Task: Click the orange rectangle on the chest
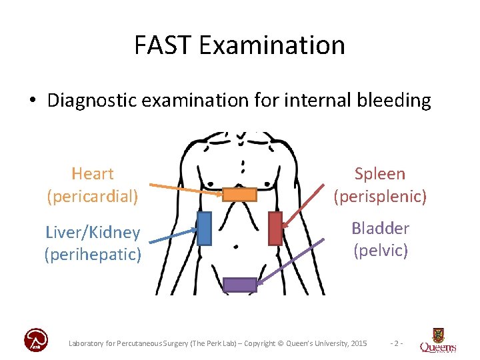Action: tap(239, 195)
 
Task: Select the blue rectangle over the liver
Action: tap(204, 229)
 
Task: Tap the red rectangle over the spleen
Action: tap(275, 228)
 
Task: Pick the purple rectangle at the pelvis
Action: tap(239, 285)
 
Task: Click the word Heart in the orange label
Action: tap(93, 174)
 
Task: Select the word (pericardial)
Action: tap(93, 197)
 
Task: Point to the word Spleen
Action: tap(380, 174)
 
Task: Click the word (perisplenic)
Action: tap(380, 197)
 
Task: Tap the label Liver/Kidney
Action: tap(93, 233)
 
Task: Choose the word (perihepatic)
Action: tap(93, 255)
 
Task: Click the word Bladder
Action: tap(381, 228)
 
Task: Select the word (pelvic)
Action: tap(381, 251)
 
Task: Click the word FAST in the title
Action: tap(162, 45)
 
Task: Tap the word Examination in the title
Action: tap(271, 45)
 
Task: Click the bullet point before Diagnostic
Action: tap(32, 101)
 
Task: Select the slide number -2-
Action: tap(396, 343)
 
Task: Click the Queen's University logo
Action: tap(438, 340)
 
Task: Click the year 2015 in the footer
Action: tap(357, 343)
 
